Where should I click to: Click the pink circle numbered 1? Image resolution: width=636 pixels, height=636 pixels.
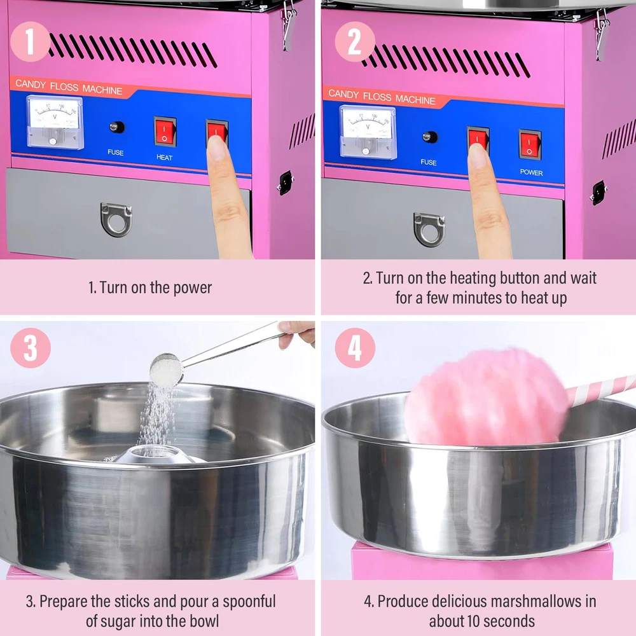[31, 41]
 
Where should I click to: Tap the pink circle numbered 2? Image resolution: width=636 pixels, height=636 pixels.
[355, 41]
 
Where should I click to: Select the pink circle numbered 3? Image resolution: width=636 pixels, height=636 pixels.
[31, 348]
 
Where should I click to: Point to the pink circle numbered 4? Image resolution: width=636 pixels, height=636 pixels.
[355, 348]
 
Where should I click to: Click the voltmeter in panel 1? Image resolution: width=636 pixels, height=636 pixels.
[55, 122]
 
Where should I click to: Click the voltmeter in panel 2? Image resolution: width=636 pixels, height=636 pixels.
[368, 132]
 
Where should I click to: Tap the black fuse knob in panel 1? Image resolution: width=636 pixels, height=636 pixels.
[117, 127]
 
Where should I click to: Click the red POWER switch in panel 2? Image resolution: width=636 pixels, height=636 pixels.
[530, 145]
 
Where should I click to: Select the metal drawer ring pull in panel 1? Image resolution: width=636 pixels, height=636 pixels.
[116, 219]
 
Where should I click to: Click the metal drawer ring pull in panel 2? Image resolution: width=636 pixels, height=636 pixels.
[429, 229]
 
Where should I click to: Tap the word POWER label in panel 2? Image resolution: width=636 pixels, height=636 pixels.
[531, 172]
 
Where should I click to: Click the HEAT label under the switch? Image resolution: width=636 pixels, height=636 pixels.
[164, 157]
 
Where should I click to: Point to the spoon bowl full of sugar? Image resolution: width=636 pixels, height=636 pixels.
[166, 370]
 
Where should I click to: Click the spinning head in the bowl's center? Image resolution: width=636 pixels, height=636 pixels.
[157, 454]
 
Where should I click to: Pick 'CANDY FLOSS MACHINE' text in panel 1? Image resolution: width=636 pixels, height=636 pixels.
[69, 86]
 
